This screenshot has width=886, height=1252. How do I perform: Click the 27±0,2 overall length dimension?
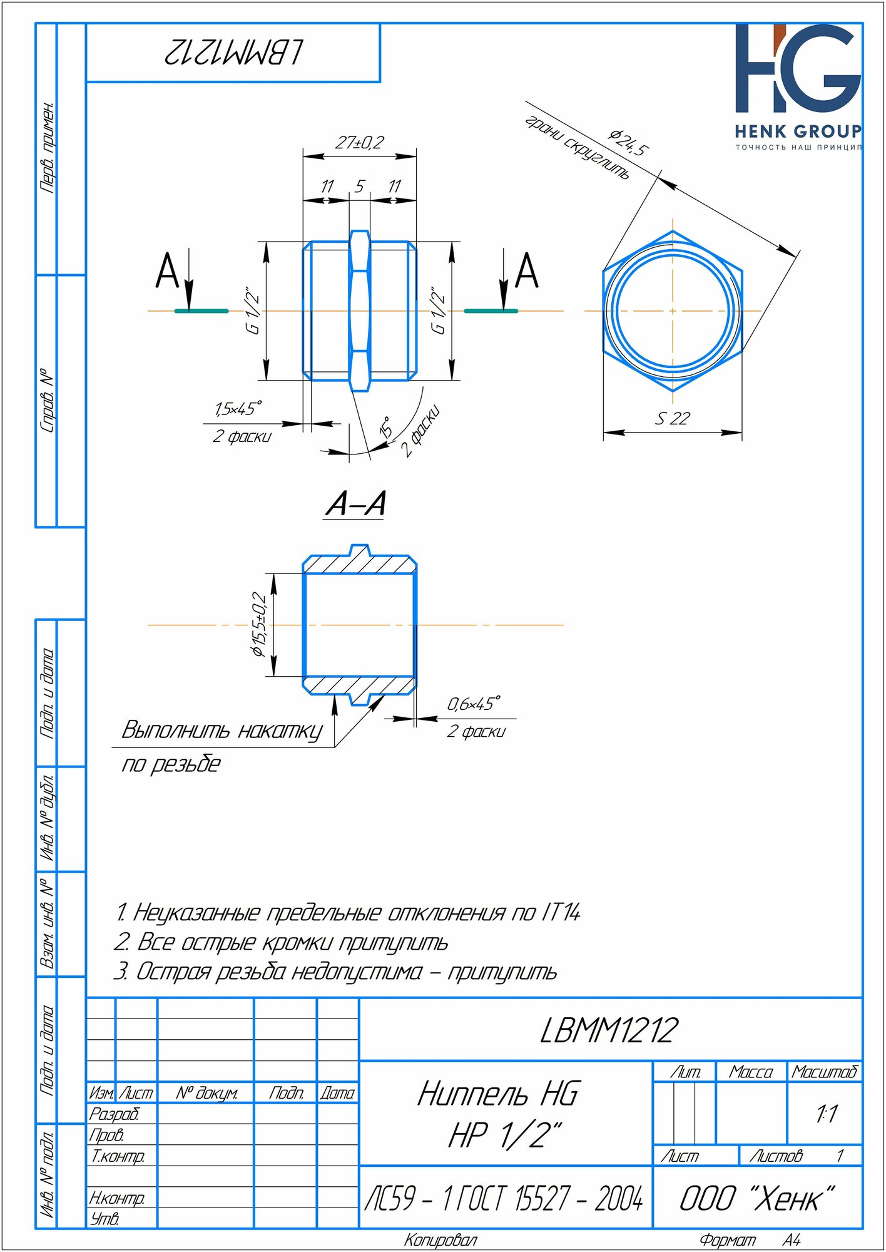pos(359,143)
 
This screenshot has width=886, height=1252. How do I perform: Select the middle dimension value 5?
pos(360,187)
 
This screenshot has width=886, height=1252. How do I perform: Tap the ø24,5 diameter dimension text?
pos(629,143)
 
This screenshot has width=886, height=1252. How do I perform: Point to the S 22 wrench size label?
pos(672,419)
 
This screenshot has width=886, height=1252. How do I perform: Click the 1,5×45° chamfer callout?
pos(238,409)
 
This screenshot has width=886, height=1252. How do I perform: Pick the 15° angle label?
pos(387,427)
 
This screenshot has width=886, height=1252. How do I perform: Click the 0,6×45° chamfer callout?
pos(474,704)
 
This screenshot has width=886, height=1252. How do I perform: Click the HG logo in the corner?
pos(798,69)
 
